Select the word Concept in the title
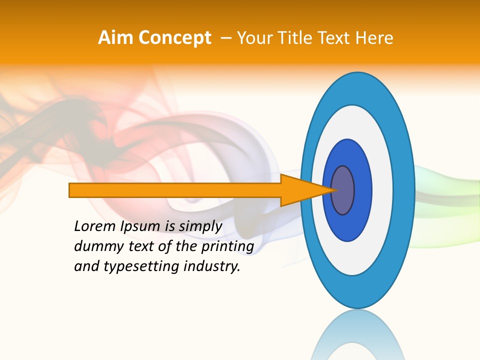[x=174, y=38]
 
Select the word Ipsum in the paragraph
[x=140, y=226]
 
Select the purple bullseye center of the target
[x=343, y=190]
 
